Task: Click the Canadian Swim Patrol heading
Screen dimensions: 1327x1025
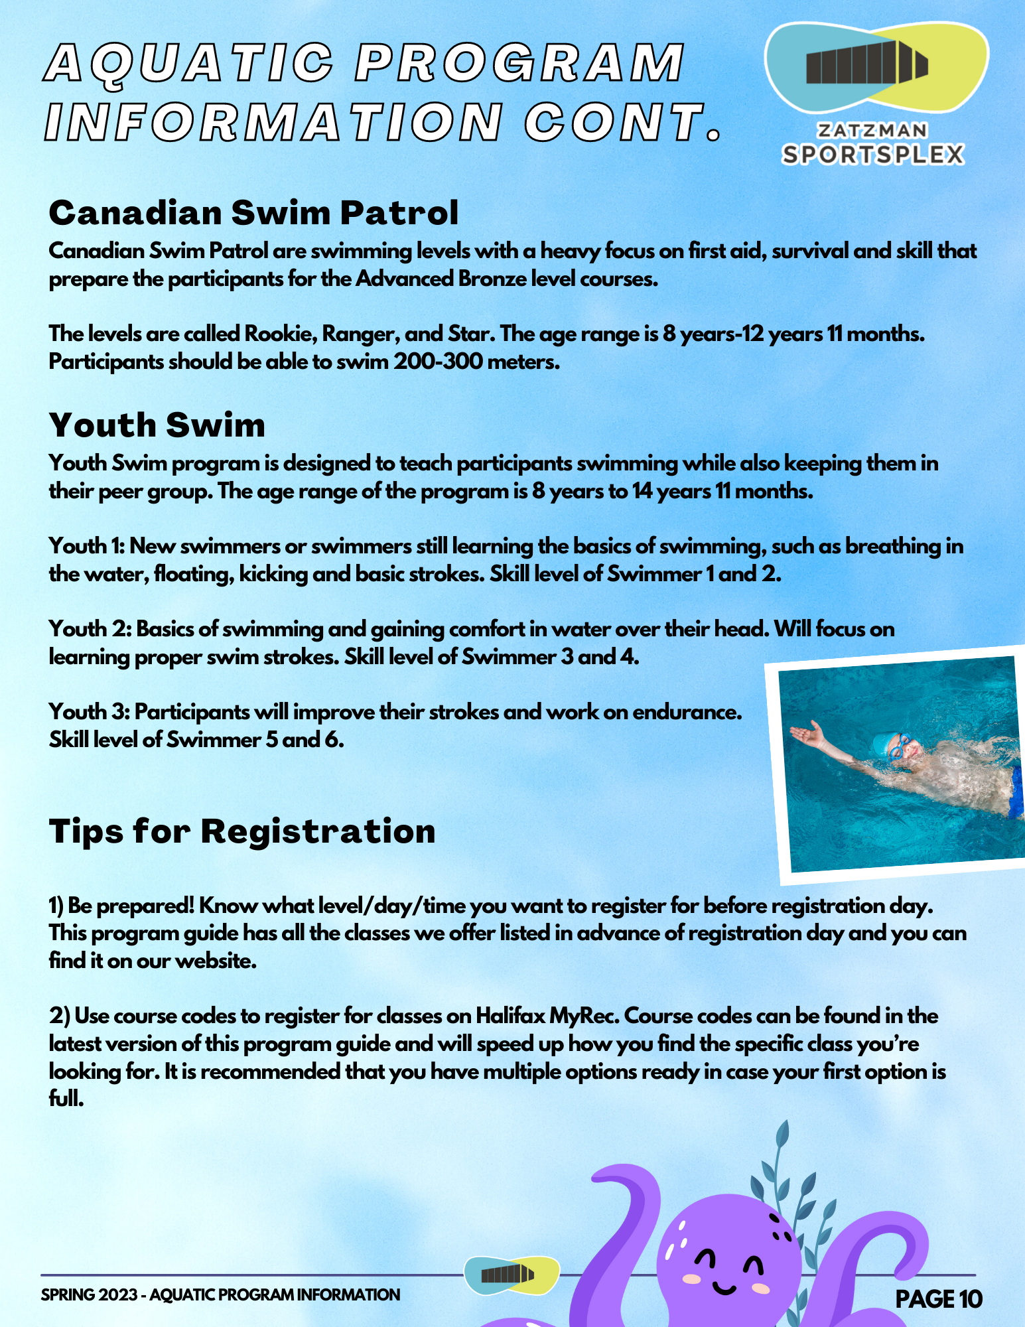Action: click(253, 213)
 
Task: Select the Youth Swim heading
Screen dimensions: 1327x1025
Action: click(157, 425)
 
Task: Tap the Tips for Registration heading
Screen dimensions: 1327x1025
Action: click(242, 831)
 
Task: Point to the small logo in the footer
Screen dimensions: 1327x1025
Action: click(511, 1275)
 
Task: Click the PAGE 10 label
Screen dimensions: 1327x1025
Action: click(938, 1298)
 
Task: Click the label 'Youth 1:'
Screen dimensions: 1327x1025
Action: click(87, 547)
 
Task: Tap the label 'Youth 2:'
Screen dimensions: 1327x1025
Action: click(90, 629)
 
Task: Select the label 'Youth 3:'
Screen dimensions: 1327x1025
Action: click(90, 712)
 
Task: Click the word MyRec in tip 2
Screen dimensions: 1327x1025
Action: click(583, 1016)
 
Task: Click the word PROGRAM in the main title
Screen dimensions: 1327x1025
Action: click(521, 63)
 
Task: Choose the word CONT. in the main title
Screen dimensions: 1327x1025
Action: click(624, 123)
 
